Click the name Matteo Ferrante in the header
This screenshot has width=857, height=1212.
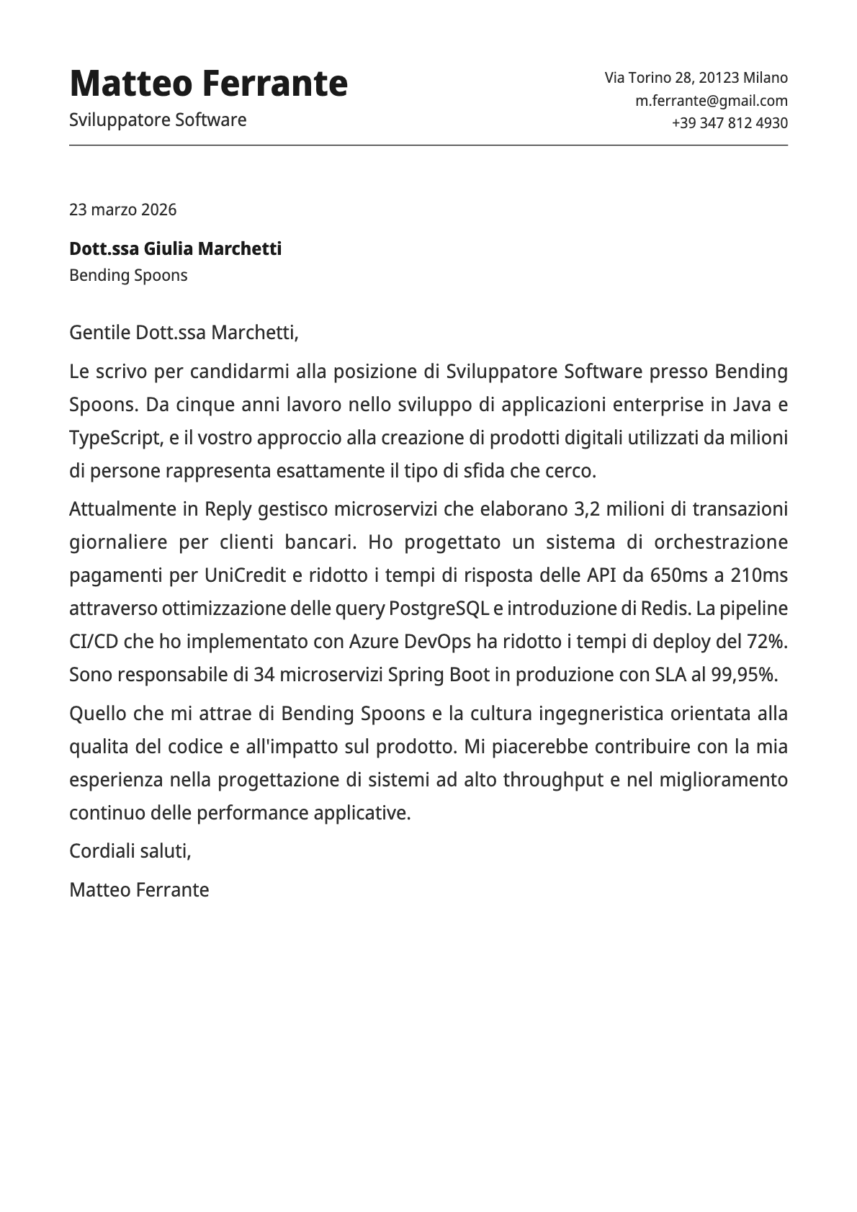click(x=208, y=84)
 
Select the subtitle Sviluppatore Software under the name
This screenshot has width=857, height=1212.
click(x=158, y=120)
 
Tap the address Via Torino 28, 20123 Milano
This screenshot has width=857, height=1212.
click(x=696, y=78)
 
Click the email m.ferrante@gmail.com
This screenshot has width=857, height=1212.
click(x=711, y=101)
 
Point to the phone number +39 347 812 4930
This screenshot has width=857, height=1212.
click(x=730, y=123)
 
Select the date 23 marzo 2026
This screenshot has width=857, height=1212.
click(x=122, y=210)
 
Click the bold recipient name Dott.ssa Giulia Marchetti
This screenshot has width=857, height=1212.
click(x=175, y=249)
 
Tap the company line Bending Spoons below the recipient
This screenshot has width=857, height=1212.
click(x=128, y=275)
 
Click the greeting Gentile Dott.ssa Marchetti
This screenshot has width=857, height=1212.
click(x=183, y=333)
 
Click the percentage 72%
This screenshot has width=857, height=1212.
click(x=760, y=642)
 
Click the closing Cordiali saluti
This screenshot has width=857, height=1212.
click(x=130, y=851)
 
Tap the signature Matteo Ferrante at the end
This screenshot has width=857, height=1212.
click(x=139, y=890)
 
